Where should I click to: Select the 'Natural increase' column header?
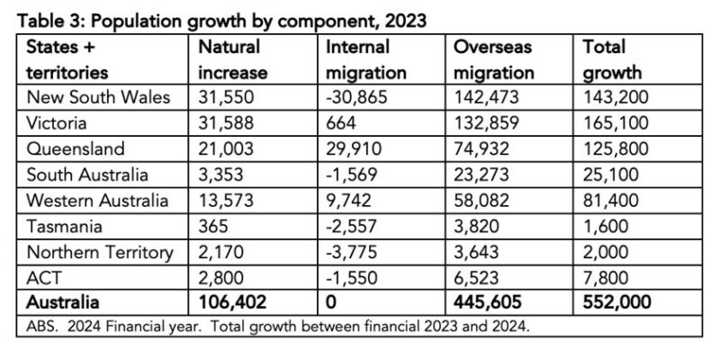pos(229,58)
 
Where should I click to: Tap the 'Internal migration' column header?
pos(364,58)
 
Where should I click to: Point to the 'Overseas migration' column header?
pos(493,58)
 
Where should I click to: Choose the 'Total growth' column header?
pos(616,58)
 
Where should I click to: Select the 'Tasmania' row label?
pos(62,227)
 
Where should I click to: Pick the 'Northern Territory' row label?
pos(99,253)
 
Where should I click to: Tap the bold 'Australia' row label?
pos(62,304)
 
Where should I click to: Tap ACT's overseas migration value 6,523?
pos(481,278)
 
